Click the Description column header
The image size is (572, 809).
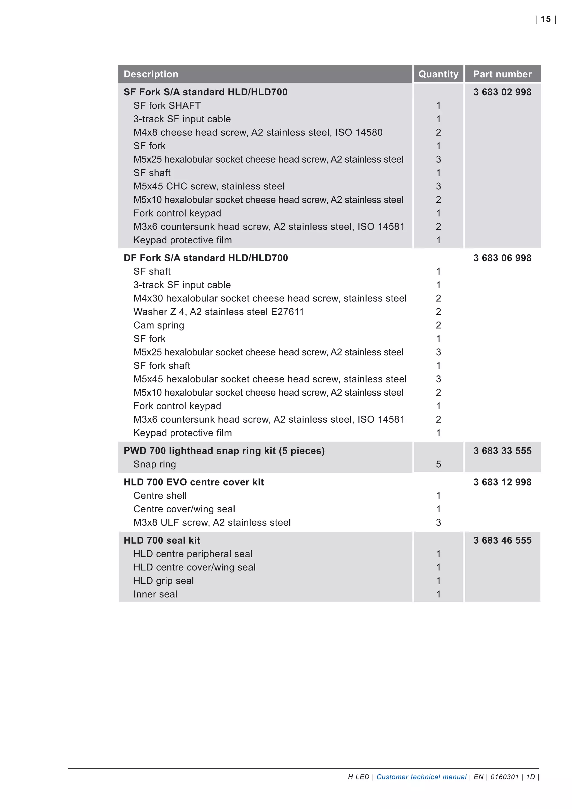tap(151, 74)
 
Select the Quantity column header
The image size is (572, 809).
tap(438, 74)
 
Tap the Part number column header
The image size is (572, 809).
tap(502, 74)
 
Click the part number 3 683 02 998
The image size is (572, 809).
tap(502, 92)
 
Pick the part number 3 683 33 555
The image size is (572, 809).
tap(502, 451)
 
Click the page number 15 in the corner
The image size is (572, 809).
tap(545, 19)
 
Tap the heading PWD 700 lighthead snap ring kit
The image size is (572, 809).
tap(224, 451)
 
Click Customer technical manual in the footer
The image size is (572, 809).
tap(421, 777)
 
